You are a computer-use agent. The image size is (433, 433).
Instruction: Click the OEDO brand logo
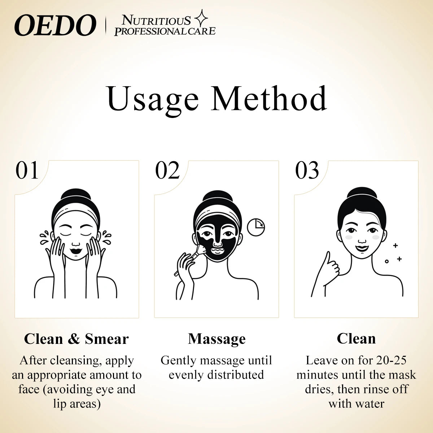point(55,26)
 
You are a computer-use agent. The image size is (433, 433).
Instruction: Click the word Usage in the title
point(153,98)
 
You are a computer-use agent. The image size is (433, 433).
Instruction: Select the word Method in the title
point(270,98)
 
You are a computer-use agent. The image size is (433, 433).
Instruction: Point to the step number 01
point(27,171)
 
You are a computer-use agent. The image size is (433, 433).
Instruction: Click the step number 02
point(167,171)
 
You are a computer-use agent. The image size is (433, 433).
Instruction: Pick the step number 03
point(307,171)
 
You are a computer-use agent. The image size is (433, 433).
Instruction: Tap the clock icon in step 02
point(256,226)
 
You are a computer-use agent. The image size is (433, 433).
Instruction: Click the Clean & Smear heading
point(76,339)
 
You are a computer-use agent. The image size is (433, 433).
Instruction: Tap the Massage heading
point(216,339)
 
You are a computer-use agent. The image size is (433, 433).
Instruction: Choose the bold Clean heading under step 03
point(356,339)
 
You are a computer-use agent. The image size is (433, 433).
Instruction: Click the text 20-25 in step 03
point(391,360)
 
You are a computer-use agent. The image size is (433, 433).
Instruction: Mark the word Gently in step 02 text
point(179,360)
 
